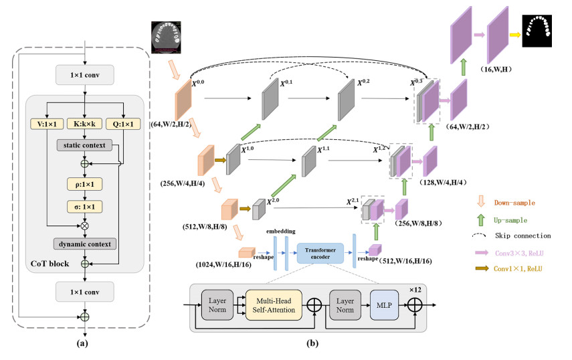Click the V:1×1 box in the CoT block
click(45, 123)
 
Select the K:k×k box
click(84, 123)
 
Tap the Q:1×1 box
click(123, 123)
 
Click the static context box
click(84, 145)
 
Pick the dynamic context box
click(84, 244)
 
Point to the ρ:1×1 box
click(84, 183)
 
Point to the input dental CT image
click(166, 37)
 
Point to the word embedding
click(279, 231)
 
